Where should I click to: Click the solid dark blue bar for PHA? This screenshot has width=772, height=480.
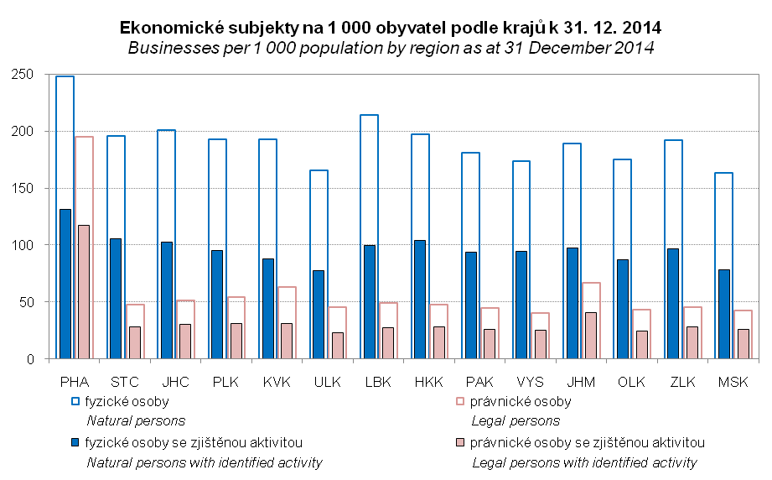[65, 284]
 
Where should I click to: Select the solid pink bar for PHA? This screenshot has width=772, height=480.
[84, 292]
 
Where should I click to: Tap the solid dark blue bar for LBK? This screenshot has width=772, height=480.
[370, 302]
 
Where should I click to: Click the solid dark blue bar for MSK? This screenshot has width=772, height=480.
[723, 315]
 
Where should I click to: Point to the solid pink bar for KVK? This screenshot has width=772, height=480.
[287, 341]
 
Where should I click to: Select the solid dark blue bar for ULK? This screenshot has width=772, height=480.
[319, 315]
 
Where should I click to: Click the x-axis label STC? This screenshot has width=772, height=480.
[125, 382]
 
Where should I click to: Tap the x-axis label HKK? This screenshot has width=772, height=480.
[429, 382]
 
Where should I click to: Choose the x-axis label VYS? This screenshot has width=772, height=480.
[531, 382]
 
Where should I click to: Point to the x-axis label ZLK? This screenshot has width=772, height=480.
[682, 382]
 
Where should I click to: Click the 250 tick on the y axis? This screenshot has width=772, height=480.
[23, 75]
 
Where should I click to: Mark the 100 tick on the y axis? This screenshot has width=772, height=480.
[23, 245]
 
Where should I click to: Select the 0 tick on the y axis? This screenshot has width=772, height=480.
[30, 359]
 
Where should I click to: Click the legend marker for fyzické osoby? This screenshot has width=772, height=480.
[75, 401]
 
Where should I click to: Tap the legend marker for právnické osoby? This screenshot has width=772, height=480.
[460, 401]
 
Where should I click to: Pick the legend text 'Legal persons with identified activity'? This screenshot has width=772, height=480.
[584, 462]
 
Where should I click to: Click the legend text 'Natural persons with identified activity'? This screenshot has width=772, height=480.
[205, 462]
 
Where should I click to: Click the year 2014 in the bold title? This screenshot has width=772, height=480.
[641, 28]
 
